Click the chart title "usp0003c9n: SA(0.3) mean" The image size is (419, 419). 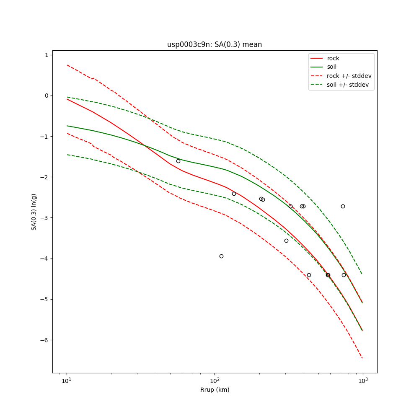point(215,44)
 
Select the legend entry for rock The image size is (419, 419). point(333,58)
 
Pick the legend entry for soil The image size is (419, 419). point(332,67)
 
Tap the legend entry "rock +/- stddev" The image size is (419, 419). point(349,76)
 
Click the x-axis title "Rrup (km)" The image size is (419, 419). point(215,390)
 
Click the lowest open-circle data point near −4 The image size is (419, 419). point(221,256)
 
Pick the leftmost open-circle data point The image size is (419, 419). point(178,161)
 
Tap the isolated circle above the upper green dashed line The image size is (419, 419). point(343,206)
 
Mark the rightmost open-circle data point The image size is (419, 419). point(344,275)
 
